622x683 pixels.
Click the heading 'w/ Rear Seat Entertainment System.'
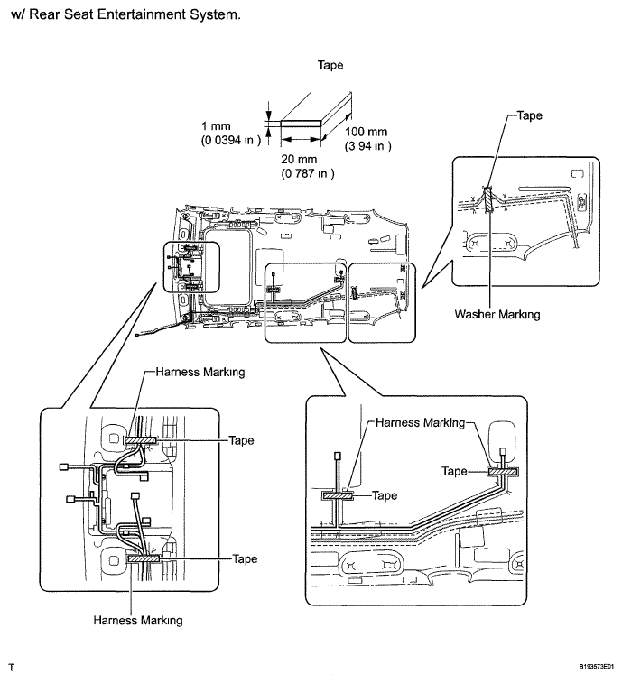click(126, 14)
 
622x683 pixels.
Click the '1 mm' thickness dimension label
click(216, 126)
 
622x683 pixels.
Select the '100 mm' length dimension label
click(367, 132)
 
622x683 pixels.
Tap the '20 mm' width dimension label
click(299, 159)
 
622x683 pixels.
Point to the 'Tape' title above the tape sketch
click(330, 65)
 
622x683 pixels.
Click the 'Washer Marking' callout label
click(497, 314)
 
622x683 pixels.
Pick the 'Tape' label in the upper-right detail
click(530, 115)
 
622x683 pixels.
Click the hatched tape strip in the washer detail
click(488, 199)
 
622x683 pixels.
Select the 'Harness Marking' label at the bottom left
click(138, 620)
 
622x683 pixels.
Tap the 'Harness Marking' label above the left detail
click(200, 372)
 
